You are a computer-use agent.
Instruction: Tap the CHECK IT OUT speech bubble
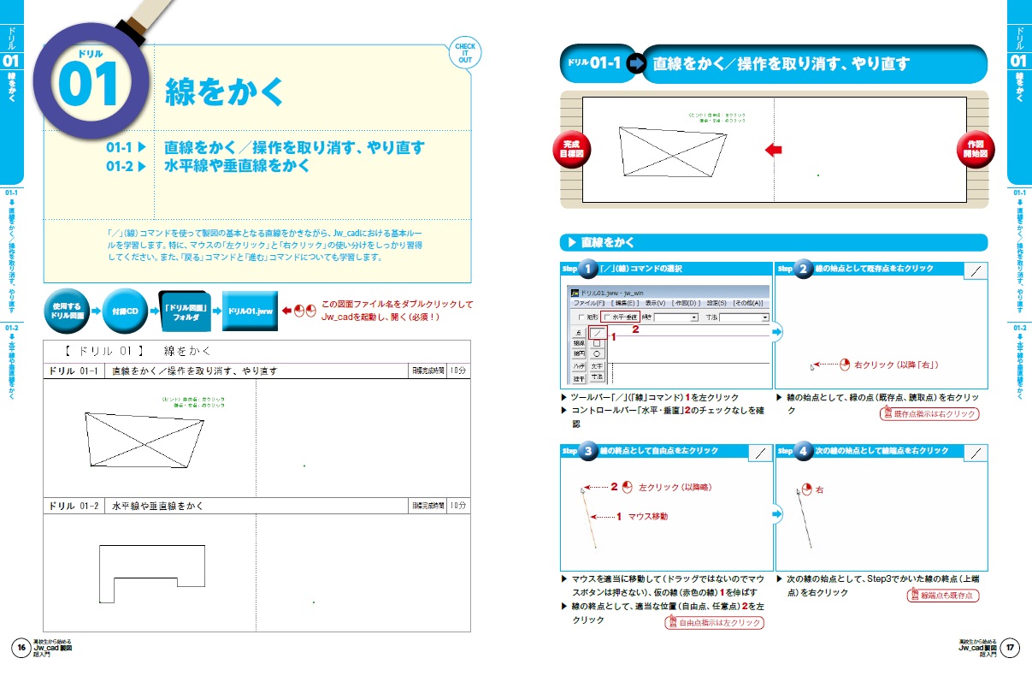point(464,54)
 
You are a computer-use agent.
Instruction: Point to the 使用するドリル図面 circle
point(66,310)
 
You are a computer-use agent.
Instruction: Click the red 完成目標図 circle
point(571,151)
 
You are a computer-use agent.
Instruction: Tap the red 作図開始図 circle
point(976,151)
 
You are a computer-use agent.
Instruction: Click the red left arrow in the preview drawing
point(773,150)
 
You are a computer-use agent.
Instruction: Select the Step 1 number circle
point(588,270)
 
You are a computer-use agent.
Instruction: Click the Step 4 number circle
point(803,451)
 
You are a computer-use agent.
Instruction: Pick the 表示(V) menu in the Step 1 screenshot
point(656,303)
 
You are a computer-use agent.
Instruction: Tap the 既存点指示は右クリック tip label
point(929,414)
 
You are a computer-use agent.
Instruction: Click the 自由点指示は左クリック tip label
point(713,623)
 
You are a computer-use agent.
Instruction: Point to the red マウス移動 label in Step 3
point(647,517)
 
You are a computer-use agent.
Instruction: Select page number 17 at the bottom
point(1011,648)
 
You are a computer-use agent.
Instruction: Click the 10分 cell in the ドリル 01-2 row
point(459,506)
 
